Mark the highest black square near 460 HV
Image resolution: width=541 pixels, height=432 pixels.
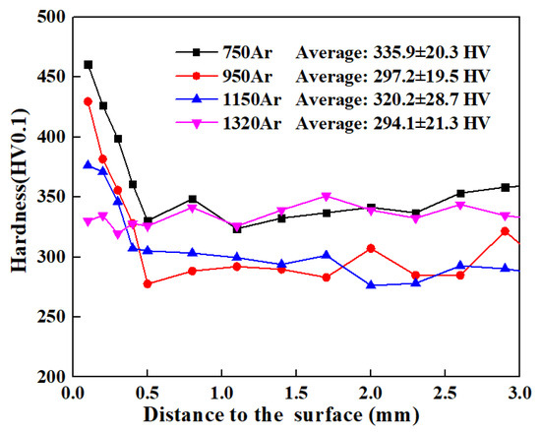coord(89,65)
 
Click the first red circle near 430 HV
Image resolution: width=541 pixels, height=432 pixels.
coord(89,101)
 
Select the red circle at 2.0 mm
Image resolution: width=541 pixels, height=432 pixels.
coord(371,248)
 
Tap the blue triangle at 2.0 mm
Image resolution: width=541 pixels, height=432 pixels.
coord(371,285)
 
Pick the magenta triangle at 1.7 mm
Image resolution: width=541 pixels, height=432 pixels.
coord(327,197)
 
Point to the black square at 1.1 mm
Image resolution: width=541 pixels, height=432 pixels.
coord(237,229)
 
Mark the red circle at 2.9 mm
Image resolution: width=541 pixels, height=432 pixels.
coord(506,231)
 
